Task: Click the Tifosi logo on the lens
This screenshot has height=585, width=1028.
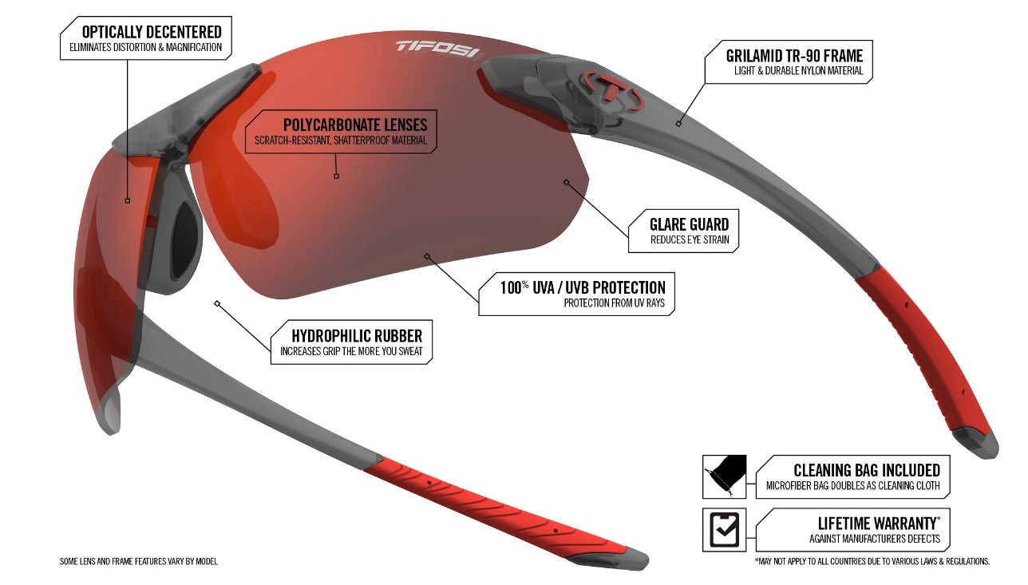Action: [x=438, y=49]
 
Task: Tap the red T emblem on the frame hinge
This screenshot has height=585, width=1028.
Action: [x=614, y=90]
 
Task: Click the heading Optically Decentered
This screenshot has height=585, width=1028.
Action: [x=152, y=32]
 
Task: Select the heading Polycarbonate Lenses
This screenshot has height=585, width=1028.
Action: [x=354, y=125]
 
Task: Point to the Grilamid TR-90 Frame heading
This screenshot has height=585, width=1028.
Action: [x=794, y=56]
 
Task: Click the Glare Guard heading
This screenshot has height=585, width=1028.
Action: [x=690, y=224]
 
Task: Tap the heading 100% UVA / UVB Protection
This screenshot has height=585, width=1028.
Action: [x=583, y=287]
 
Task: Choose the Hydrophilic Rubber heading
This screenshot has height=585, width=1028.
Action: [x=357, y=336]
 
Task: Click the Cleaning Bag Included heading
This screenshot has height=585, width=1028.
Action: [x=867, y=470]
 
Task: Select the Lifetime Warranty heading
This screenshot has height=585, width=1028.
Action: [x=879, y=523]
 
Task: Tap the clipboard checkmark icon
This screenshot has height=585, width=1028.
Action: [x=725, y=529]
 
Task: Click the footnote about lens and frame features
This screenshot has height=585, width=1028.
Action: [x=139, y=561]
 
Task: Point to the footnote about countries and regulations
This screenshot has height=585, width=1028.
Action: [x=872, y=561]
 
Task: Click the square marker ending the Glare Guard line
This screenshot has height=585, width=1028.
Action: [x=567, y=182]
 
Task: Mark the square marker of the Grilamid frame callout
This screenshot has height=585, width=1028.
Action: [x=678, y=124]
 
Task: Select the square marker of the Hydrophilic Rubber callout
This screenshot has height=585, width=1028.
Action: [x=217, y=303]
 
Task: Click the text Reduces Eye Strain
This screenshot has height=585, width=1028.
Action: [x=690, y=239]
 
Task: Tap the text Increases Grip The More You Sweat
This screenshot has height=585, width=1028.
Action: [x=351, y=351]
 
